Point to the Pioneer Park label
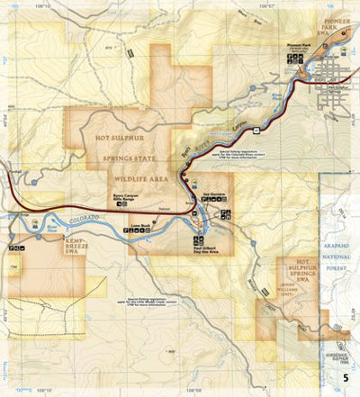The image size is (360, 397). (299, 42)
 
